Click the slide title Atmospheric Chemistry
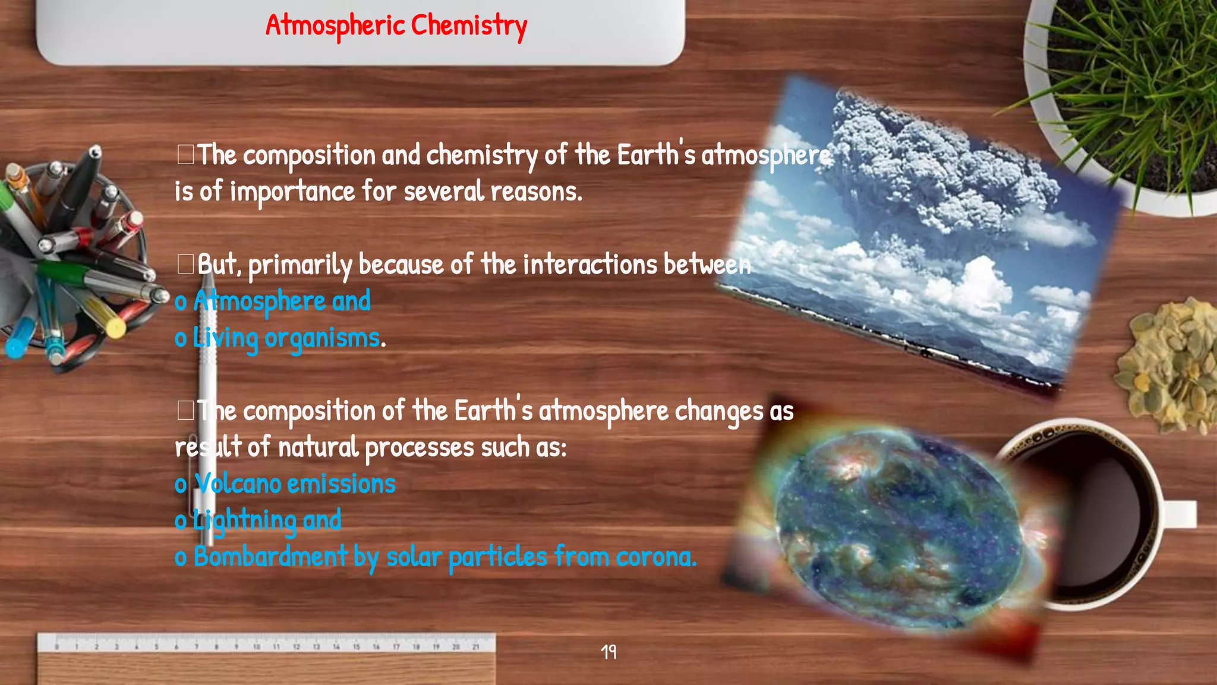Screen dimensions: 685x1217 pyautogui.click(x=396, y=26)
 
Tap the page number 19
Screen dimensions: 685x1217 pyautogui.click(x=608, y=652)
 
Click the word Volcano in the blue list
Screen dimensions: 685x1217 pyautogui.click(x=238, y=483)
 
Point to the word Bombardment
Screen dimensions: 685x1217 pyautogui.click(x=270, y=557)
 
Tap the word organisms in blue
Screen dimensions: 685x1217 pyautogui.click(x=322, y=338)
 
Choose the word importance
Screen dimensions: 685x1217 pyautogui.click(x=292, y=192)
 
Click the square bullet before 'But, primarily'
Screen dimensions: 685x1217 pyautogui.click(x=185, y=263)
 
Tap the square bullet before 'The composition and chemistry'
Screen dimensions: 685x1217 pyautogui.click(x=185, y=154)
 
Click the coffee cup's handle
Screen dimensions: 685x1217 pyautogui.click(x=1180, y=514)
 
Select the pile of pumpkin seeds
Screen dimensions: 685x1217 pyautogui.click(x=1168, y=366)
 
